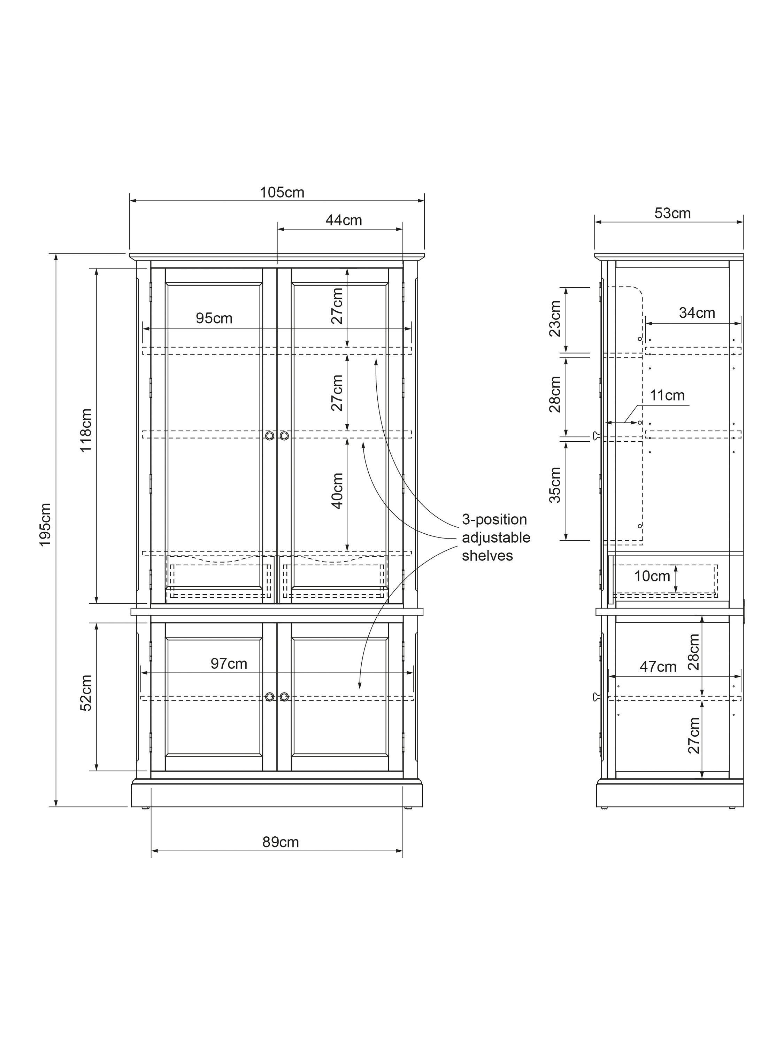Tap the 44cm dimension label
tap(344, 220)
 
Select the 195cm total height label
tap(45, 524)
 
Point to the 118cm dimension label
tap(86, 431)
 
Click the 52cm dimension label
tap(86, 692)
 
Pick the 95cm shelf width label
tap(214, 318)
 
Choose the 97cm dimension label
tap(229, 664)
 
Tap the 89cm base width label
tap(281, 842)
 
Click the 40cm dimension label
tap(337, 490)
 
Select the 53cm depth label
tap(672, 214)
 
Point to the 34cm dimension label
tap(697, 313)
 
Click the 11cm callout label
tap(667, 395)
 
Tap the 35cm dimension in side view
tap(555, 485)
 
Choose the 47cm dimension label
tap(658, 667)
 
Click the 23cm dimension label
tap(555, 318)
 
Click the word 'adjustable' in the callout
tap(496, 537)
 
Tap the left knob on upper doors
tap(269, 435)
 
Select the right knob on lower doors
tap(284, 697)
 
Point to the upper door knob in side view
tap(596, 435)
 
